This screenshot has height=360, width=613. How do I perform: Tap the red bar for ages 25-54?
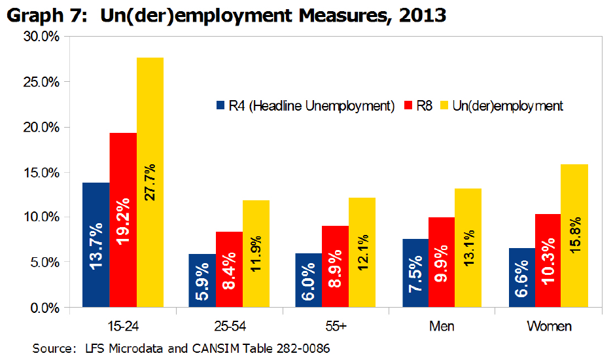(x=230, y=269)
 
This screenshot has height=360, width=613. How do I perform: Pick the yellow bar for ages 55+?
(x=363, y=252)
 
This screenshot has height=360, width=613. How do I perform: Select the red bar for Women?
(x=548, y=261)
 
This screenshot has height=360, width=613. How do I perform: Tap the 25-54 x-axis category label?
(x=230, y=326)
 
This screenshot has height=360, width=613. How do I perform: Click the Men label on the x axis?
(x=442, y=326)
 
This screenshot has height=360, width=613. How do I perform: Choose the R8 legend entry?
(x=425, y=105)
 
